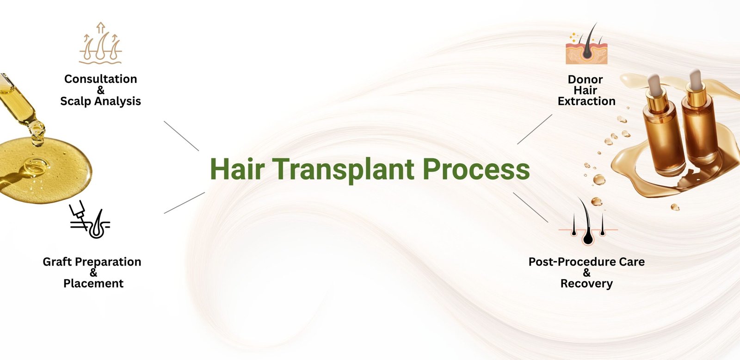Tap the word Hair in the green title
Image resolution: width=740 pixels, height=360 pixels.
pos(237,169)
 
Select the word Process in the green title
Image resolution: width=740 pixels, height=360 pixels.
pos(476,169)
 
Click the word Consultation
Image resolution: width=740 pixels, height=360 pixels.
pos(100,79)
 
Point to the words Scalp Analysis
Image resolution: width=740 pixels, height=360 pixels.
pos(100,101)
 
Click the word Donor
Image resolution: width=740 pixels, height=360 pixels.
pos(585,79)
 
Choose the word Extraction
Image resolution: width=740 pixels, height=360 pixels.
pos(586,101)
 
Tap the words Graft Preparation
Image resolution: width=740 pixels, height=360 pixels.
pos(92,262)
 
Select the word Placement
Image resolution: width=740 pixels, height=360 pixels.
pos(93,284)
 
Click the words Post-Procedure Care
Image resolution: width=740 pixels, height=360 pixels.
pos(586,262)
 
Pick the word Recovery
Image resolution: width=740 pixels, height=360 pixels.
pos(586,284)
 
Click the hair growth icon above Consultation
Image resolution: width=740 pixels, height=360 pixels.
pos(100,43)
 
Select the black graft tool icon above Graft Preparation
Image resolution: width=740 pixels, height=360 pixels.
pos(90,219)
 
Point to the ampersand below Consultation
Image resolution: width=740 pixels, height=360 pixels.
pos(100,90)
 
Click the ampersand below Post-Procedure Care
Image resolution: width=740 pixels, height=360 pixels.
pos(586,273)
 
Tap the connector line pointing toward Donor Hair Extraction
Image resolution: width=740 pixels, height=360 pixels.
pos(535,129)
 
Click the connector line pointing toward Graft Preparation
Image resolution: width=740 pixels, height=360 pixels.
pos(185,203)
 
